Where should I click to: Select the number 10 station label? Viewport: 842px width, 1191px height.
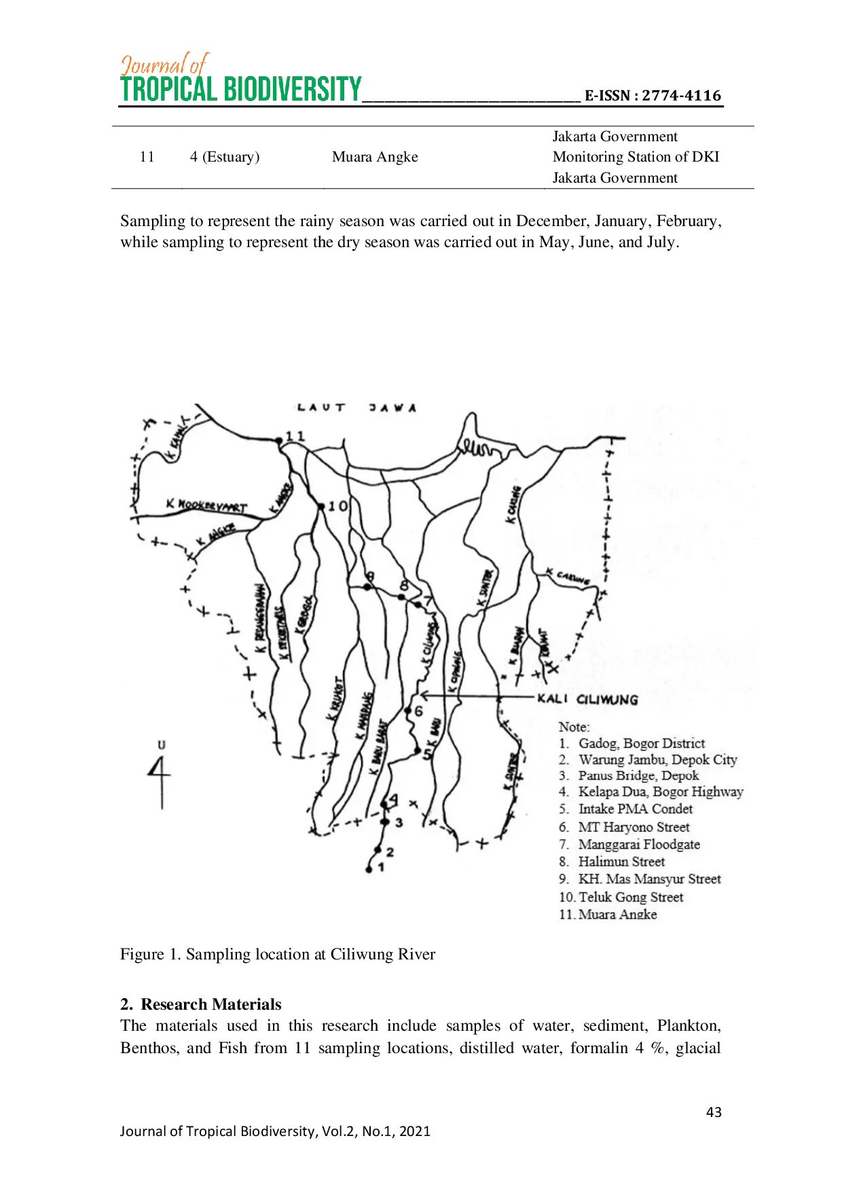pos(337,506)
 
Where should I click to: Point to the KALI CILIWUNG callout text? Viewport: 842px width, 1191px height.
pos(587,699)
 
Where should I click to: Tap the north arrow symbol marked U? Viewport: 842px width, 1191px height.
pos(161,774)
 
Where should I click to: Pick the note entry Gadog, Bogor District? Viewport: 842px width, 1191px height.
pos(641,744)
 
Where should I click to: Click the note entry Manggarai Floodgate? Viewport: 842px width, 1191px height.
pos(638,845)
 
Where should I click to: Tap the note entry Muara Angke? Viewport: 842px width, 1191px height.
pos(617,914)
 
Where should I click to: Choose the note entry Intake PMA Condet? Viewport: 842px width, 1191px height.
pos(635,809)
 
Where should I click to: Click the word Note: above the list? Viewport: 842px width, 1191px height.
pos(574,727)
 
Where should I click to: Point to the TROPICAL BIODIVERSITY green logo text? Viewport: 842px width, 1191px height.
pos(240,90)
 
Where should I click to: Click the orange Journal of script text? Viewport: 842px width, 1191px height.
pos(165,65)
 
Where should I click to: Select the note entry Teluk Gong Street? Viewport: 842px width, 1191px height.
pos(630,897)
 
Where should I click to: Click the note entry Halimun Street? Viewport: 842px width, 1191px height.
pos(621,862)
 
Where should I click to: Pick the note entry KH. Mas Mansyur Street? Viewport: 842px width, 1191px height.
pos(649,879)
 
